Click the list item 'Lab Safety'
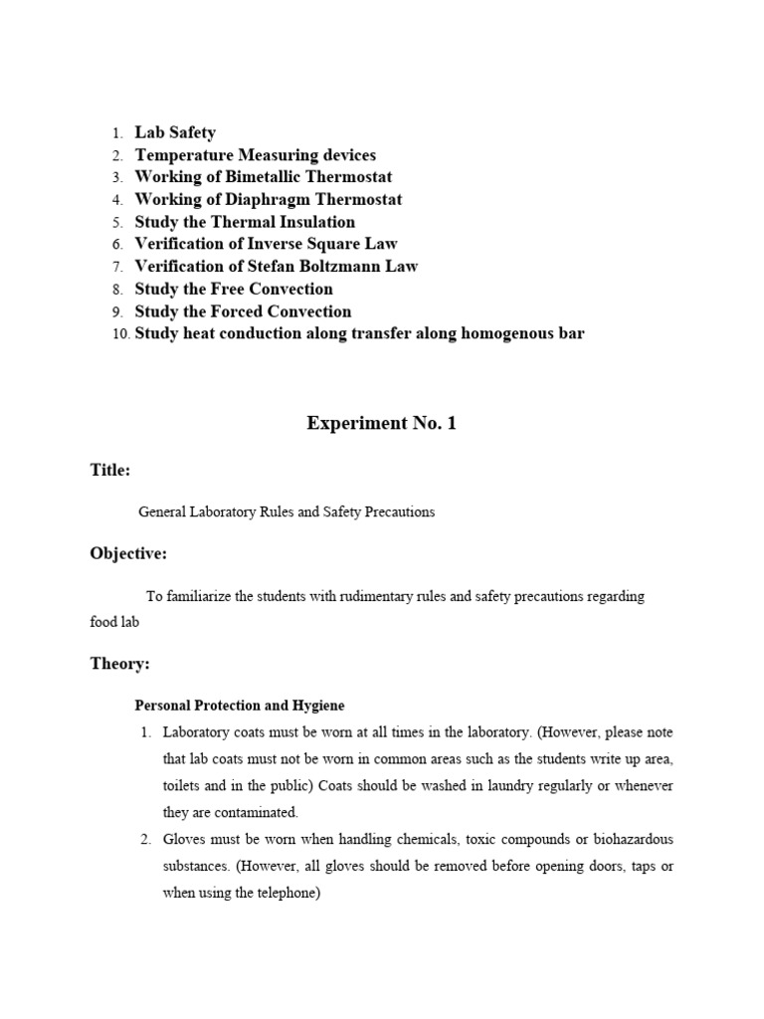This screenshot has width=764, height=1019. [x=175, y=132]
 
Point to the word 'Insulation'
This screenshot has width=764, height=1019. [x=312, y=222]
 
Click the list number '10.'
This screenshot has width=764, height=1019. [x=119, y=334]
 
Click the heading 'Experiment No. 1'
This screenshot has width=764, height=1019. [x=381, y=423]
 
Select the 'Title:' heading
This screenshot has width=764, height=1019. [x=110, y=470]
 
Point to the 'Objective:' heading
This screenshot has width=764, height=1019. [x=128, y=553]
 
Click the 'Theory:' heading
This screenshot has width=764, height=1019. [x=119, y=664]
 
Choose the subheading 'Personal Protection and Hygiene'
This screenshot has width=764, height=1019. [x=240, y=706]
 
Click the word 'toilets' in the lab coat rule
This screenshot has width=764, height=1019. [x=183, y=786]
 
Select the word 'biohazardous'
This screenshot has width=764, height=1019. [x=633, y=839]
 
